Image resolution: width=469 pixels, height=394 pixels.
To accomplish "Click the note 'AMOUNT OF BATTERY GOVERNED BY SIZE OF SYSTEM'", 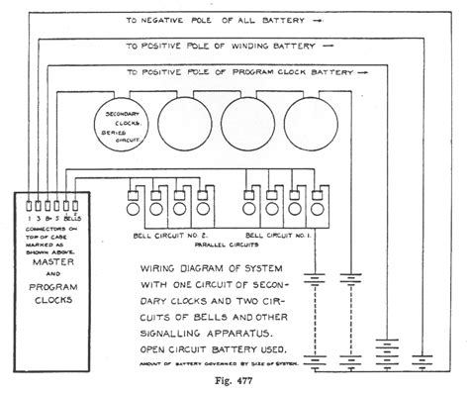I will tap(208, 366).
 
